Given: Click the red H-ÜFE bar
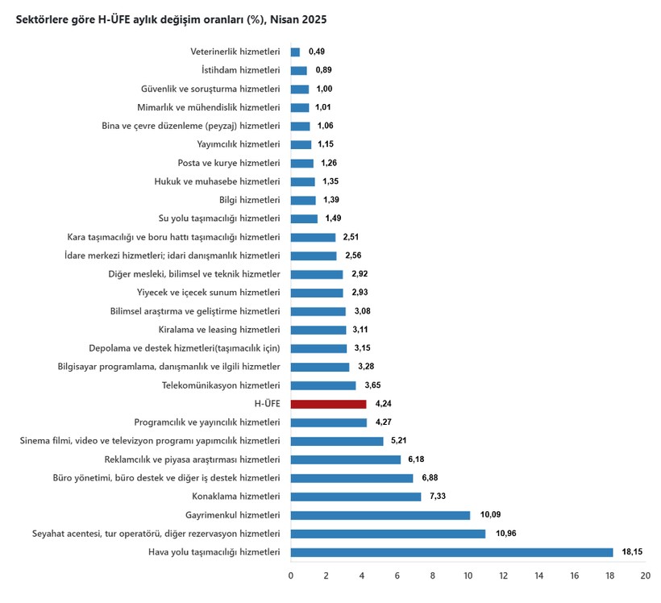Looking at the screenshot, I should [x=328, y=404].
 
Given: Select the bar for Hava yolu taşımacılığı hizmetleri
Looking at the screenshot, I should [x=451, y=552].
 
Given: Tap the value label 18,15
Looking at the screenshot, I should [x=633, y=552].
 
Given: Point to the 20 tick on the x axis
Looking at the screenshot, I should [x=645, y=576].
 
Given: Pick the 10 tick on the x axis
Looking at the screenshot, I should [x=468, y=576].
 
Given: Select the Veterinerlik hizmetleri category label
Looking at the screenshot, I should [x=235, y=52].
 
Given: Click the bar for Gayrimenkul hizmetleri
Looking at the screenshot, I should [x=380, y=515].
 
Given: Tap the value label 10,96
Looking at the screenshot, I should [x=505, y=534].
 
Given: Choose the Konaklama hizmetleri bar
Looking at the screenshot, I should [x=355, y=497].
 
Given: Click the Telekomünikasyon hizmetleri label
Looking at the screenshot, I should [x=221, y=385].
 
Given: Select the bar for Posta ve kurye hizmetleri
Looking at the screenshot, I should [x=301, y=163].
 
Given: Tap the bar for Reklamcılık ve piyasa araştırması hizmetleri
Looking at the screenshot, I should [x=345, y=460].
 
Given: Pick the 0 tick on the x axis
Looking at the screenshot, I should [x=291, y=576].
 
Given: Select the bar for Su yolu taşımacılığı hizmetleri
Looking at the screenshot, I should [x=304, y=218].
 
